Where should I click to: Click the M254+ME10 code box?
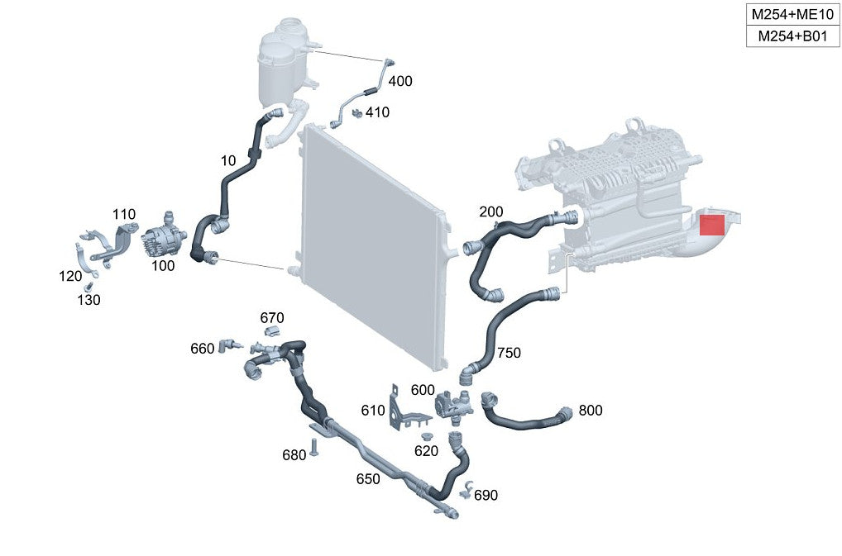pyautogui.click(x=792, y=15)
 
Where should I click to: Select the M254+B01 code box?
pyautogui.click(x=792, y=36)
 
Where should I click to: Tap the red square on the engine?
pyautogui.click(x=712, y=224)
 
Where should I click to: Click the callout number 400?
pyautogui.click(x=400, y=81)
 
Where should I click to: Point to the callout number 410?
pyautogui.click(x=377, y=112)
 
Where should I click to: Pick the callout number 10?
pyautogui.click(x=228, y=160)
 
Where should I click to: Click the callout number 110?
pyautogui.click(x=124, y=215)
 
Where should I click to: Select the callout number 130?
pyautogui.click(x=89, y=300)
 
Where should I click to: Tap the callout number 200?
pyautogui.click(x=490, y=211)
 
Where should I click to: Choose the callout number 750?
pyautogui.click(x=509, y=353)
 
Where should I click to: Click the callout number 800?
pyautogui.click(x=591, y=410)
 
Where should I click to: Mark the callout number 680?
pyautogui.click(x=294, y=455)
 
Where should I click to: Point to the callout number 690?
pyautogui.click(x=486, y=495)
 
